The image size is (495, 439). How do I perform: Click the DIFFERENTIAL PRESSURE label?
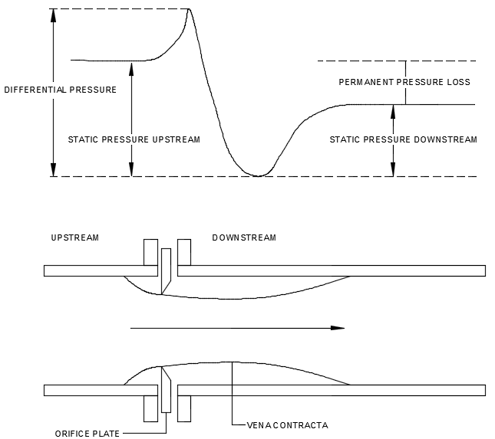(60, 90)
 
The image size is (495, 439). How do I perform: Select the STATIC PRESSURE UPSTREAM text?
(134, 139)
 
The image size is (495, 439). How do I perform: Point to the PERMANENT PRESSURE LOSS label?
(404, 81)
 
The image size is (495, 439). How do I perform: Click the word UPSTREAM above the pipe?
(74, 238)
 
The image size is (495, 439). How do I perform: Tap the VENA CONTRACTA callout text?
(287, 424)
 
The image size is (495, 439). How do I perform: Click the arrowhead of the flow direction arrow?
(338, 328)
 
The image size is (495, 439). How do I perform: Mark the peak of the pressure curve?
(190, 9)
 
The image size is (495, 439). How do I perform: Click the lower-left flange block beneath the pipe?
(150, 408)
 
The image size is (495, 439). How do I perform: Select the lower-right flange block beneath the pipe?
(184, 408)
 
